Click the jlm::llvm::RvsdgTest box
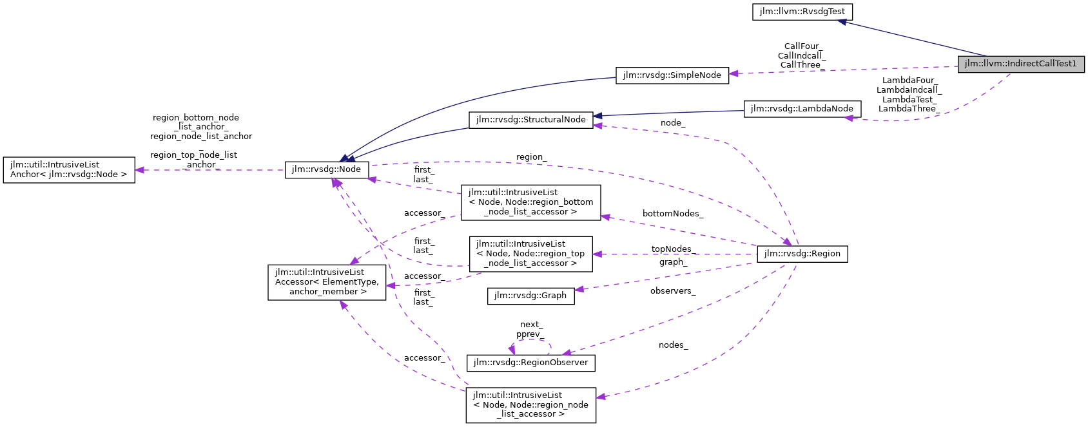coord(802,12)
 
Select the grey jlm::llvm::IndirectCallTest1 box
coord(1020,64)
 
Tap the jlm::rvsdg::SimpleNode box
coord(672,75)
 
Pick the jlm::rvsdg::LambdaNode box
coord(801,109)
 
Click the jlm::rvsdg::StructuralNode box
coord(530,120)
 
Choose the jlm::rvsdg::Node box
coord(326,170)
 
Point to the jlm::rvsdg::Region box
coord(802,254)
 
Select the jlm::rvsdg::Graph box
coord(530,296)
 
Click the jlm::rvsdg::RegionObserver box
coord(530,363)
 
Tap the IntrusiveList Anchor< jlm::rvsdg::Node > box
coord(68,169)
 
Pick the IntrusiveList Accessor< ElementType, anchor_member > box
coord(327,282)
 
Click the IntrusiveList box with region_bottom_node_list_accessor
coord(530,202)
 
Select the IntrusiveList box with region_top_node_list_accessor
coord(530,254)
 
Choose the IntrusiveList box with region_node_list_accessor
coord(530,404)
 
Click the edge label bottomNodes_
coord(672,214)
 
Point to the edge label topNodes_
coord(671,249)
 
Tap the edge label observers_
coord(672,291)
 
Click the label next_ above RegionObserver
coord(531,325)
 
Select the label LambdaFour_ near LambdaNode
coord(908,81)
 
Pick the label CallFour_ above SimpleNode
coord(801,46)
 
